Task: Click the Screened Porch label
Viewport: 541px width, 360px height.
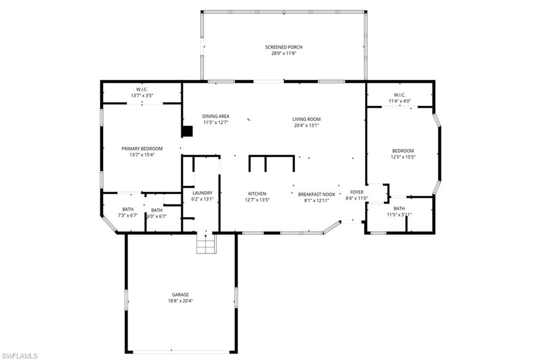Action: point(284,47)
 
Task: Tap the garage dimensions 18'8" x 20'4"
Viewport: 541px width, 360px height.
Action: point(180,301)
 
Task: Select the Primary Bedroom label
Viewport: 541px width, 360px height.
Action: point(142,148)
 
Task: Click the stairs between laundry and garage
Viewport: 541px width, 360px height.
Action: point(206,243)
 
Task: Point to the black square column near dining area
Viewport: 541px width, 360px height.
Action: point(187,131)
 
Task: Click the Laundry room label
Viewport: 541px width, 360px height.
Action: point(202,193)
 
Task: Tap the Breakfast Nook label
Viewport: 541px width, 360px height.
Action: point(317,194)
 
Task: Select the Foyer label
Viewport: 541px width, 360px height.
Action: point(357,192)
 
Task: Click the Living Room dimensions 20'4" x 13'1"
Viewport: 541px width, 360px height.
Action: point(306,125)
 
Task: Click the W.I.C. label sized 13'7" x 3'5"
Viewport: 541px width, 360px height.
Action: point(142,89)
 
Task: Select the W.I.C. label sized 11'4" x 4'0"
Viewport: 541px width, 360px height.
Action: point(399,95)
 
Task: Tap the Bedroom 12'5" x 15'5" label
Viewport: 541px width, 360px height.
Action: point(403,150)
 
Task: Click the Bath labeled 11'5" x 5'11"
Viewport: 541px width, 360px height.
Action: point(399,209)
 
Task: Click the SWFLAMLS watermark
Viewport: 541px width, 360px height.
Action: point(20,356)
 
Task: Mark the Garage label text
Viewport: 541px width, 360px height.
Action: point(180,295)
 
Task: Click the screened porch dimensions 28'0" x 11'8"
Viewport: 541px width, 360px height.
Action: point(284,53)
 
